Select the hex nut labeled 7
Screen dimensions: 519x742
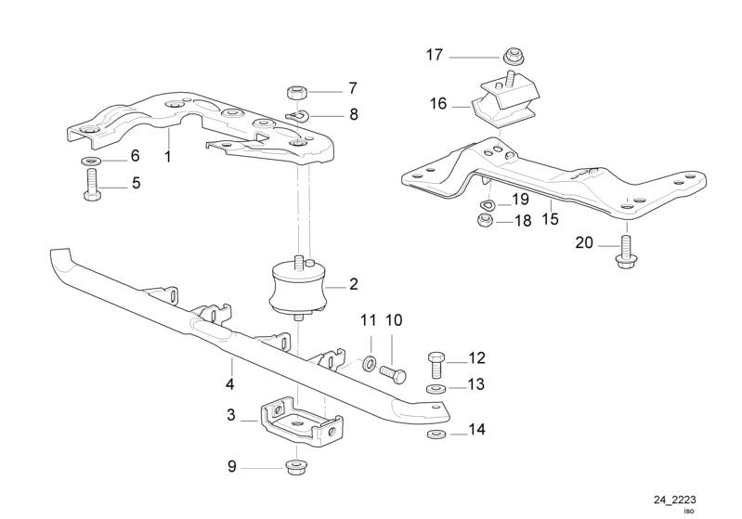(297, 91)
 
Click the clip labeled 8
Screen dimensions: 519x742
(295, 115)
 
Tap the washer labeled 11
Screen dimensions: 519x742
(370, 361)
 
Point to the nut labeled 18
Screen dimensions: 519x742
(483, 221)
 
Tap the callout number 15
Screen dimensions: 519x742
(550, 221)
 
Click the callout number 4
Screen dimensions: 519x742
(229, 383)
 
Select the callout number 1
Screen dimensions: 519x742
(168, 157)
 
